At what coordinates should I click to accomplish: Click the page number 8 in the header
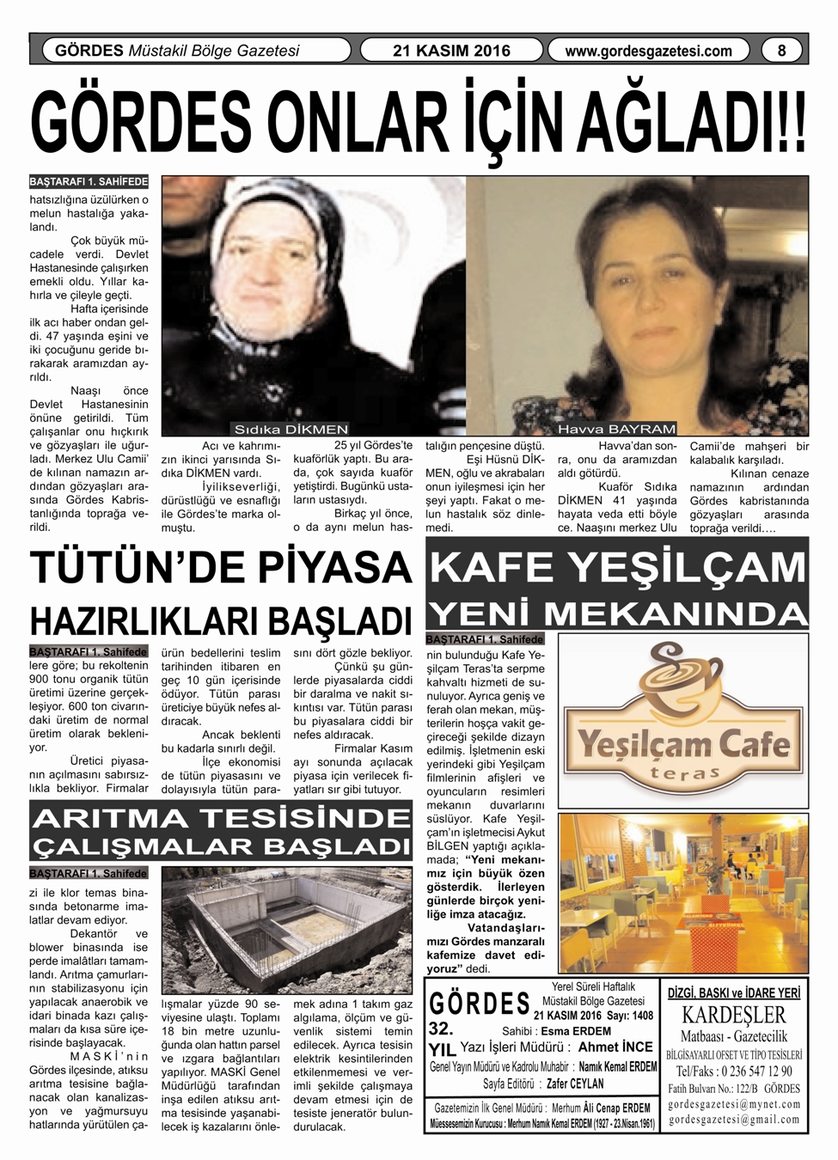(x=781, y=51)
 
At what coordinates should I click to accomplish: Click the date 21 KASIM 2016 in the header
(x=451, y=51)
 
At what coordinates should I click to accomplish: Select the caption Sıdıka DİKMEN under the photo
(x=291, y=429)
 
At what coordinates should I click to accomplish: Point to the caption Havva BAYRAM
(x=616, y=429)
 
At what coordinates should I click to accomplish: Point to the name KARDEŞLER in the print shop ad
(x=734, y=1015)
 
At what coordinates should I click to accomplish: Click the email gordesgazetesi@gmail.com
(x=734, y=1120)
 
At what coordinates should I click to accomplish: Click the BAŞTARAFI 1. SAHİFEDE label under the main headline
(x=89, y=182)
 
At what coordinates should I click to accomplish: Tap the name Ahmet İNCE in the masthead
(x=615, y=1047)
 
